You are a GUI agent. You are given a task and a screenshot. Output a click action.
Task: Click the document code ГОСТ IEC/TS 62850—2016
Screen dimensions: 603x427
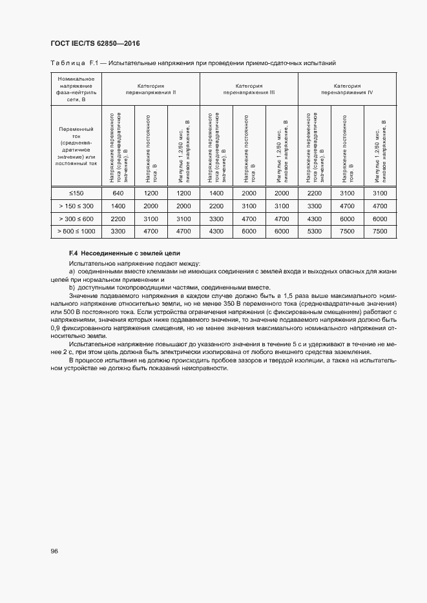click(95, 44)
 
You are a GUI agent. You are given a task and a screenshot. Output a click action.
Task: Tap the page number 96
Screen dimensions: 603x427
click(55, 551)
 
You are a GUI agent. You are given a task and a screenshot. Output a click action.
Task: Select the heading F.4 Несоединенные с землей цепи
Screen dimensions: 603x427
click(125, 254)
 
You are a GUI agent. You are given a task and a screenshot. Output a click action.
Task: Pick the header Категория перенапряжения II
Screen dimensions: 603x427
click(151, 89)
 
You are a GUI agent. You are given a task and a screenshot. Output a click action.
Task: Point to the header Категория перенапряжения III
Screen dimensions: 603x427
click(249, 89)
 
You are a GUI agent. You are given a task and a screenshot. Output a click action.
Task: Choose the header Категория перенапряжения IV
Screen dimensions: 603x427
click(347, 89)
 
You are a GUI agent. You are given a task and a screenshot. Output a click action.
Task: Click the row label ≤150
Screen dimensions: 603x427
click(76, 193)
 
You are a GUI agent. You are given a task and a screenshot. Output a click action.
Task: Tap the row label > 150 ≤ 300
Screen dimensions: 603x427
click(76, 206)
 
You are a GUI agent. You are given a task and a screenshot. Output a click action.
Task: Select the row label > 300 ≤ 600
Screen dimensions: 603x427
click(76, 218)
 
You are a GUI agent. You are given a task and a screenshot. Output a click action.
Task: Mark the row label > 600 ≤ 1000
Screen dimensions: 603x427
click(76, 230)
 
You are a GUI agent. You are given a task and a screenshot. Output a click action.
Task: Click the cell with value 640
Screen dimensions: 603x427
click(118, 193)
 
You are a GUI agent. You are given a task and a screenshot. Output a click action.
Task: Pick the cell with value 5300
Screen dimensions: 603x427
click(314, 230)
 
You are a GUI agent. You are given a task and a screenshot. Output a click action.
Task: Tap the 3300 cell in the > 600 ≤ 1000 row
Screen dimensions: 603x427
click(118, 230)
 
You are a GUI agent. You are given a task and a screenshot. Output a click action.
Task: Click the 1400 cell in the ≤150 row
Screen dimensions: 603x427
click(216, 193)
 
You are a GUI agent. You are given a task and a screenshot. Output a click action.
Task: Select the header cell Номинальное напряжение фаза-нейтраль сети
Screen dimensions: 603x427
click(76, 89)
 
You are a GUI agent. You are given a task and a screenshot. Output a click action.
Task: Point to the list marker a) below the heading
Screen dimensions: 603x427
click(72, 272)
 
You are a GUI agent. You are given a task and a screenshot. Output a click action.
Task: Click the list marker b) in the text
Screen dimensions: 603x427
click(72, 288)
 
